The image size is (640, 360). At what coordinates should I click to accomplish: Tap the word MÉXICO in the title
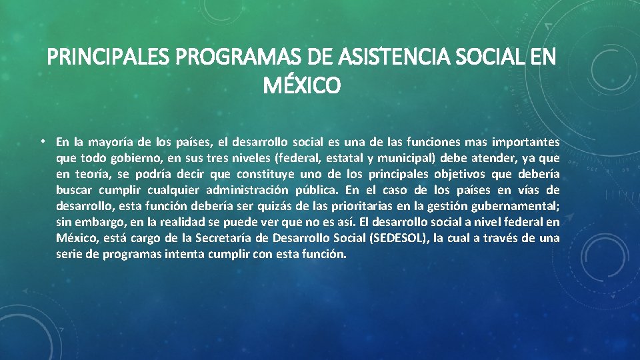click(301, 86)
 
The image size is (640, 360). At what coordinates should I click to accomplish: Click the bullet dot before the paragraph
click(42, 141)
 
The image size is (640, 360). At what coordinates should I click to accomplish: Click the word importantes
click(525, 142)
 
